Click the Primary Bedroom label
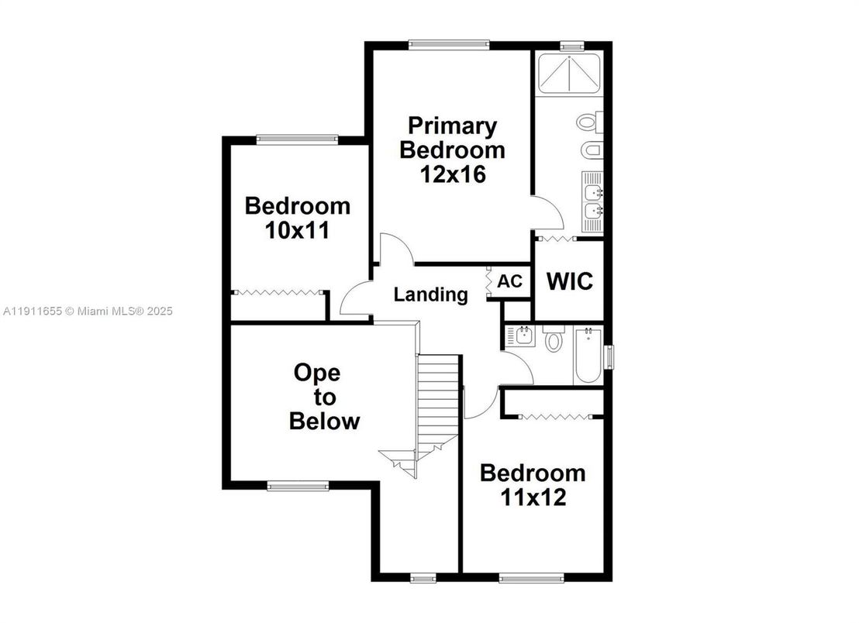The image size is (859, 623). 452,137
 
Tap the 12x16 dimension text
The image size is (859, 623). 453,174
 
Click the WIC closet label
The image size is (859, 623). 570,281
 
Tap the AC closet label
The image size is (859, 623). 509,281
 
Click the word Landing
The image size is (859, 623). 430,294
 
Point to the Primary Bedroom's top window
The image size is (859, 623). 450,44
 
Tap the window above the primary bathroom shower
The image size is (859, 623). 572,46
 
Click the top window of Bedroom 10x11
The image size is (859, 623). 298,139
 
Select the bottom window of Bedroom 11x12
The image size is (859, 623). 531,577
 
